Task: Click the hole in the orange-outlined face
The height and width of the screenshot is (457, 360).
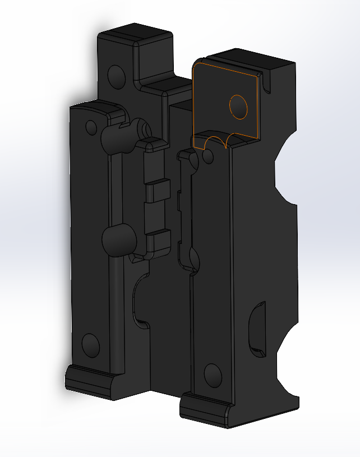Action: (238, 107)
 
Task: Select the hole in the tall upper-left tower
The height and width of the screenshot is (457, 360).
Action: (117, 76)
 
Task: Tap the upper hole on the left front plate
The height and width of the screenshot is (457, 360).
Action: (91, 127)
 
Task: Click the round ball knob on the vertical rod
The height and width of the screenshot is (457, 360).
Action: (118, 239)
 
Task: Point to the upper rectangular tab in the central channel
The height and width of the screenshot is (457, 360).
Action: (158, 190)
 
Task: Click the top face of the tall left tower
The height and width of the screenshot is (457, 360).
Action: (135, 34)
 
